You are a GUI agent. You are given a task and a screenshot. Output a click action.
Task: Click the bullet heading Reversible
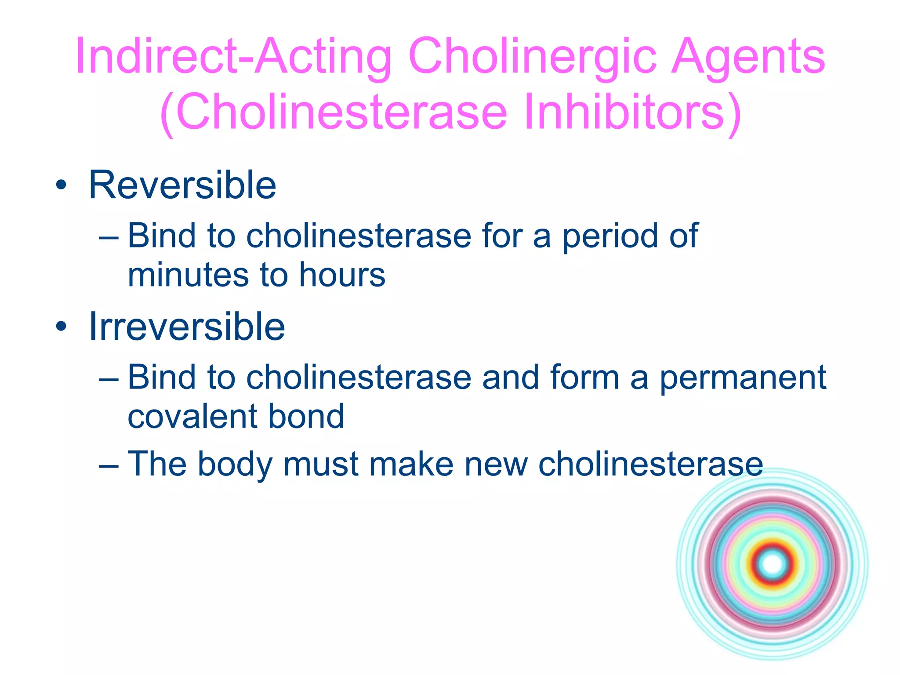182,185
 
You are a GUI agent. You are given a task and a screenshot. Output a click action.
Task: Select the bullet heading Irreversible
187,327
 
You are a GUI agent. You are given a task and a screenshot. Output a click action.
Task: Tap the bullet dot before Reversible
62,185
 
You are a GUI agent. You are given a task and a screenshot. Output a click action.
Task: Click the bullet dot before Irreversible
62,327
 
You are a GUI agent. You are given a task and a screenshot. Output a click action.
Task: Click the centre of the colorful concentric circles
773,564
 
